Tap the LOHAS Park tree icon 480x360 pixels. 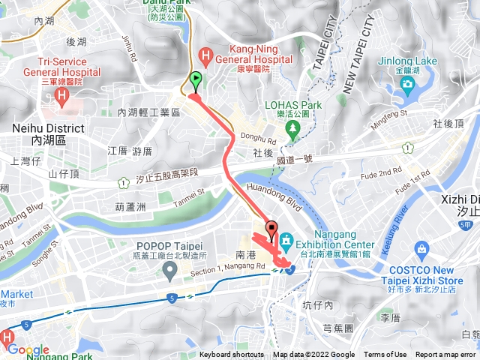point(294,128)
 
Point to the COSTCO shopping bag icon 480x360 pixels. point(422,248)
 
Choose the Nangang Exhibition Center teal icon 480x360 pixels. point(287,241)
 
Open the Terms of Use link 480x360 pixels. point(385,355)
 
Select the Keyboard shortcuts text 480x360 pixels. point(232,355)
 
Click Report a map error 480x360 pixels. point(445,355)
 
